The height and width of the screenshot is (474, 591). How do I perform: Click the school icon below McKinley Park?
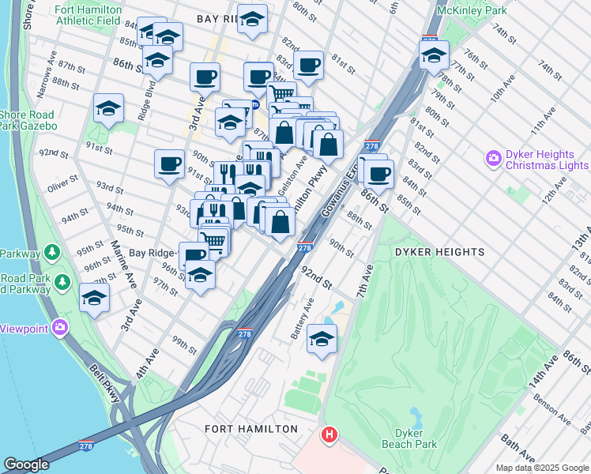pyautogui.click(x=434, y=56)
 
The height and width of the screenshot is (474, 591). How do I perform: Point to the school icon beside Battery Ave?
pyautogui.click(x=322, y=339)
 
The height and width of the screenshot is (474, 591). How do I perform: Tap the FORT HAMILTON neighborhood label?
pyautogui.click(x=251, y=429)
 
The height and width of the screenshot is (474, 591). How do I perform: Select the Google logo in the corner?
pyautogui.click(x=26, y=464)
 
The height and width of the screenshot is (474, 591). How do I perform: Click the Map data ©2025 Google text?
pyautogui.click(x=541, y=468)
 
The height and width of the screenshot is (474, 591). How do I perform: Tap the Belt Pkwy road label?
pyautogui.click(x=104, y=382)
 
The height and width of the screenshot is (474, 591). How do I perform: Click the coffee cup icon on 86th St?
pyautogui.click(x=378, y=174)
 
